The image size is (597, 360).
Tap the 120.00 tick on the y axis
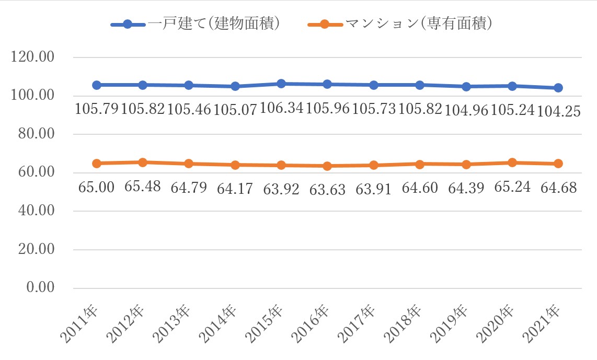[x=33, y=57]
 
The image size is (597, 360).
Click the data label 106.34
[x=282, y=109]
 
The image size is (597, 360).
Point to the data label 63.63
[x=328, y=189]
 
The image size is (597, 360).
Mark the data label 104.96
[x=466, y=110]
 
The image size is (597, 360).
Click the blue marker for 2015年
[x=281, y=84]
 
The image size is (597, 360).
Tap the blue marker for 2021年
[x=558, y=88]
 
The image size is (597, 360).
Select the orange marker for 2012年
[x=143, y=162]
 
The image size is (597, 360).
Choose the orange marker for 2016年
[x=327, y=166]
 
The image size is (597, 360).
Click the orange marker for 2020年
[x=512, y=162]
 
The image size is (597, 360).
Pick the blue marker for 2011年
[x=97, y=85]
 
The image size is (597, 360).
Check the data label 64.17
[x=235, y=189]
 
